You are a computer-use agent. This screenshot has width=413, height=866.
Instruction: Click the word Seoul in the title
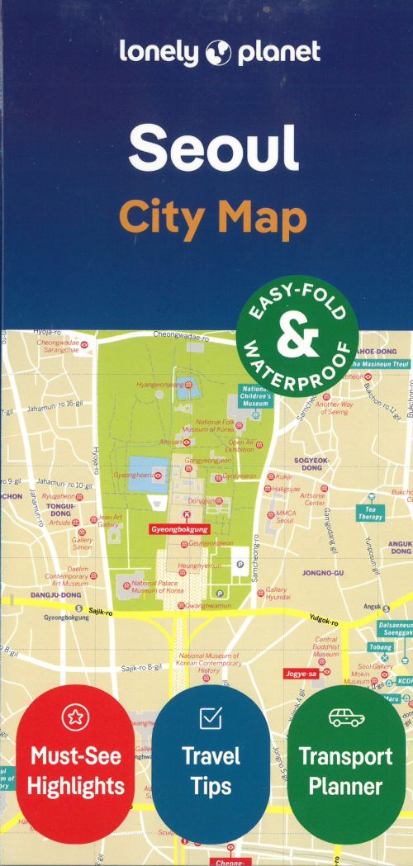coord(212,148)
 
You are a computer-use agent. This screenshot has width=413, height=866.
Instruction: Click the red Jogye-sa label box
coord(301,673)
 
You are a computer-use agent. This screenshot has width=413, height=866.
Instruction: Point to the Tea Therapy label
coord(371,513)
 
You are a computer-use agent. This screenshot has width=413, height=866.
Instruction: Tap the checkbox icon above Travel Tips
coord(211,719)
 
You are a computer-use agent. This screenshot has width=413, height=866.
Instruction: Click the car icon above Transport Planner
coord(345,717)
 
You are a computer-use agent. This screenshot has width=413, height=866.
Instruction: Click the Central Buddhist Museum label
coord(326,646)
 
